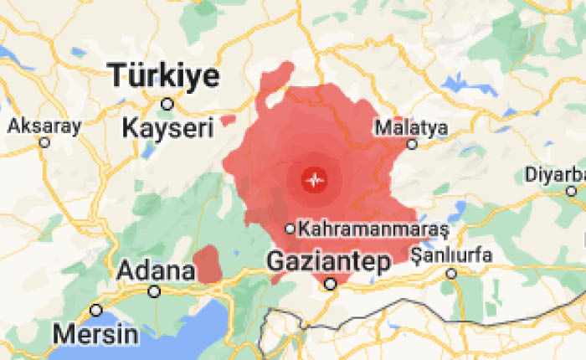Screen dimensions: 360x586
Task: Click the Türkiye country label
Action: point(165,77)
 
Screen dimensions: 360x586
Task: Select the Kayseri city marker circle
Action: point(167,104)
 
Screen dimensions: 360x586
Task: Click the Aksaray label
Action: point(44,126)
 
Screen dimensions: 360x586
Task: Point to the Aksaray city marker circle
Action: point(44,143)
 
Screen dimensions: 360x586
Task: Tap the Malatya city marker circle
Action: point(412,144)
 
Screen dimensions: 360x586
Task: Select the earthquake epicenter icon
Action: point(315,179)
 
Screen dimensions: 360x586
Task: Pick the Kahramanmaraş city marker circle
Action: point(290,228)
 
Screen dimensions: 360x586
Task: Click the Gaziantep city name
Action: point(329,262)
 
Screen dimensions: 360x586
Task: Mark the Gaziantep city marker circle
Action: point(331,284)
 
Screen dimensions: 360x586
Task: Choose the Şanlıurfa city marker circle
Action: point(451,273)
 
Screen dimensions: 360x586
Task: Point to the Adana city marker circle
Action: point(154,291)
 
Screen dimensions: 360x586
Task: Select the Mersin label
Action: point(95,334)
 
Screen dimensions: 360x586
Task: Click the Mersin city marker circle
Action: point(96,311)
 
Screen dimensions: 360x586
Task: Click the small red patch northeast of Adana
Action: point(207,265)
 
